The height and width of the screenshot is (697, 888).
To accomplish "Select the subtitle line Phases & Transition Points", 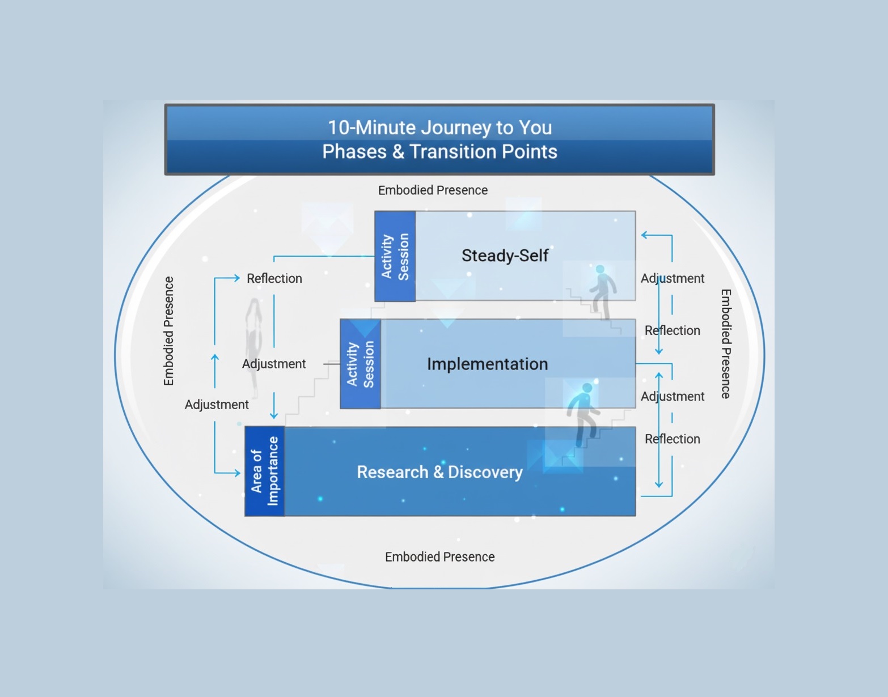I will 439,152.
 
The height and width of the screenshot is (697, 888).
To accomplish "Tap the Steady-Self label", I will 505,256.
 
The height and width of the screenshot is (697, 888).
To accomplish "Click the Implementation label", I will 487,364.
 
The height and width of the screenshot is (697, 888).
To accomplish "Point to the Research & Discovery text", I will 439,472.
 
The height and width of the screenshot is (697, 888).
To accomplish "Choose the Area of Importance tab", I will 265,471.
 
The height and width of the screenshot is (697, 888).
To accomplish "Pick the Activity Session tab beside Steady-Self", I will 395,256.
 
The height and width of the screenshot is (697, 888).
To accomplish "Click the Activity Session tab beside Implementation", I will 361,364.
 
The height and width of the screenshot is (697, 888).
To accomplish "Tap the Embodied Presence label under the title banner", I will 433,190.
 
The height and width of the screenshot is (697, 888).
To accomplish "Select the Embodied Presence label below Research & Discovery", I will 439,557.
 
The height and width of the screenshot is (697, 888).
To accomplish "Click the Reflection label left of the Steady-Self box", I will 274,278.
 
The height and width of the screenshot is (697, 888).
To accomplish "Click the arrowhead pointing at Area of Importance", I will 237,473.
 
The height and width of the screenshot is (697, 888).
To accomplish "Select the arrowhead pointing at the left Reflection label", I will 236,278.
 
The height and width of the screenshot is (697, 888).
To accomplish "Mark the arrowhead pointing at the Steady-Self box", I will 645,235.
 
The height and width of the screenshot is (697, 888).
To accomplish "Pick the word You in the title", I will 535,127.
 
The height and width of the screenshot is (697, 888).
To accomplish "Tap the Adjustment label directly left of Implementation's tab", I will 274,364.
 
